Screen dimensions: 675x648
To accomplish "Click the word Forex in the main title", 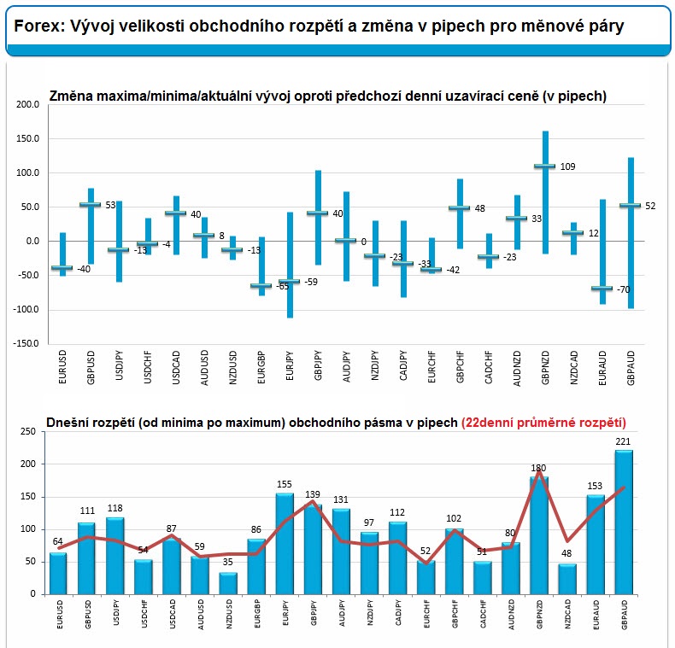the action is click(38, 26).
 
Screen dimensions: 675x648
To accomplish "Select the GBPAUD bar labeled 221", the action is click(624, 522).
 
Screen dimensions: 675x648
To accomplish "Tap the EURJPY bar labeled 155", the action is click(285, 544).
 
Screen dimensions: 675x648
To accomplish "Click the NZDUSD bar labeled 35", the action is click(228, 583).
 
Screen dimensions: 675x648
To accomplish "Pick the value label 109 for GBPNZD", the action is click(568, 166).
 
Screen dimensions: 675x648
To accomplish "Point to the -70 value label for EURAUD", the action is click(624, 289).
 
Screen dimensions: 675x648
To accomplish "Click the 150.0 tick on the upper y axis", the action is click(27, 138).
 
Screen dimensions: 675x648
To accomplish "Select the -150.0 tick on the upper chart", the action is click(26, 343).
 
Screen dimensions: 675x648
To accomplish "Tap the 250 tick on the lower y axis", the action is click(28, 431).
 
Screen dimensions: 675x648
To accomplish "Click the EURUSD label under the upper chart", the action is click(62, 366).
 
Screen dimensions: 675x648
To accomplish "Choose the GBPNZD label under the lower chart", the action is click(539, 615).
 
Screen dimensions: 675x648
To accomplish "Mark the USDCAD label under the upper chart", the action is click(176, 367).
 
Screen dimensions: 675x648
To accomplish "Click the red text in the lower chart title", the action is click(543, 423).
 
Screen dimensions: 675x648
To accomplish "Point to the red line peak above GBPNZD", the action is click(538, 470).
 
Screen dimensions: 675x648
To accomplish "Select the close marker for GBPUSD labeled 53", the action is click(91, 204).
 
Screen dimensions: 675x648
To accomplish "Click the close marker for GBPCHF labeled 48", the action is click(460, 207).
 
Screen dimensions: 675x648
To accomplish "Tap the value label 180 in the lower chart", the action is click(538, 468).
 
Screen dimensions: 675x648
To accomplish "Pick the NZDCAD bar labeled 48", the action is click(567, 579).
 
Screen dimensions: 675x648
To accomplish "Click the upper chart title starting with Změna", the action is click(327, 96).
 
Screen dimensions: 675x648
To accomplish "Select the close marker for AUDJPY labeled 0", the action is click(346, 240).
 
